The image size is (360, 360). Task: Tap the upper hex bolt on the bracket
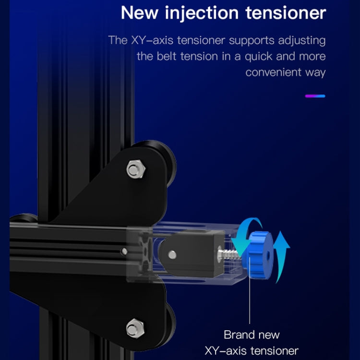[135, 169]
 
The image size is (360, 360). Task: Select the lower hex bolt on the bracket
[135, 328]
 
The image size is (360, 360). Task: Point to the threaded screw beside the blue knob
[228, 254]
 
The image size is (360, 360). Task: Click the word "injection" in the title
[202, 13]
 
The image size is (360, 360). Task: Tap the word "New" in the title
[139, 13]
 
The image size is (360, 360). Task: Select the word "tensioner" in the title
[286, 13]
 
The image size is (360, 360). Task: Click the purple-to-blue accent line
[315, 96]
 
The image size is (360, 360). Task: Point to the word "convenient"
[273, 72]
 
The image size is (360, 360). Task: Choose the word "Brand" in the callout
[238, 335]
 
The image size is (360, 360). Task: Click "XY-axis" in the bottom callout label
[225, 351]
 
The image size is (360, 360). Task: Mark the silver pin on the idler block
[172, 254]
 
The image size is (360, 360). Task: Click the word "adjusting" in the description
[302, 41]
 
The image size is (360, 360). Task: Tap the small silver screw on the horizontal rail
[124, 251]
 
